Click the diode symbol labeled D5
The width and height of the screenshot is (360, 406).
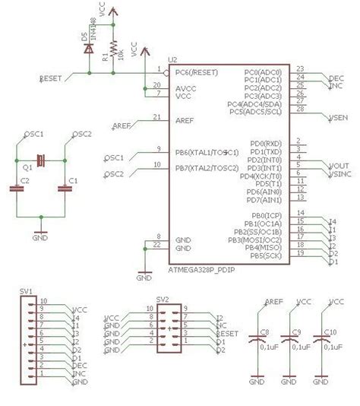[90, 49]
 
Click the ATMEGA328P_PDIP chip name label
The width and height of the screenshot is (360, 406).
[200, 271]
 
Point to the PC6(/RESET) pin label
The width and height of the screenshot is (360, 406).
[197, 72]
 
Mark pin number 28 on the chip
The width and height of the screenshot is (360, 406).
[301, 109]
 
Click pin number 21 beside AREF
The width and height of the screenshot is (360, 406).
[157, 116]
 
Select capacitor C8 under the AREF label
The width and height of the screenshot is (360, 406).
[264, 332]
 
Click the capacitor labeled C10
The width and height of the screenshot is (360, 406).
[330, 332]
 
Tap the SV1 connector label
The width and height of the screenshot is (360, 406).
[26, 292]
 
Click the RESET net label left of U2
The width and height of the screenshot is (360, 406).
[50, 78]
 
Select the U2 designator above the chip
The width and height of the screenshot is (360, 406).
[173, 59]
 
